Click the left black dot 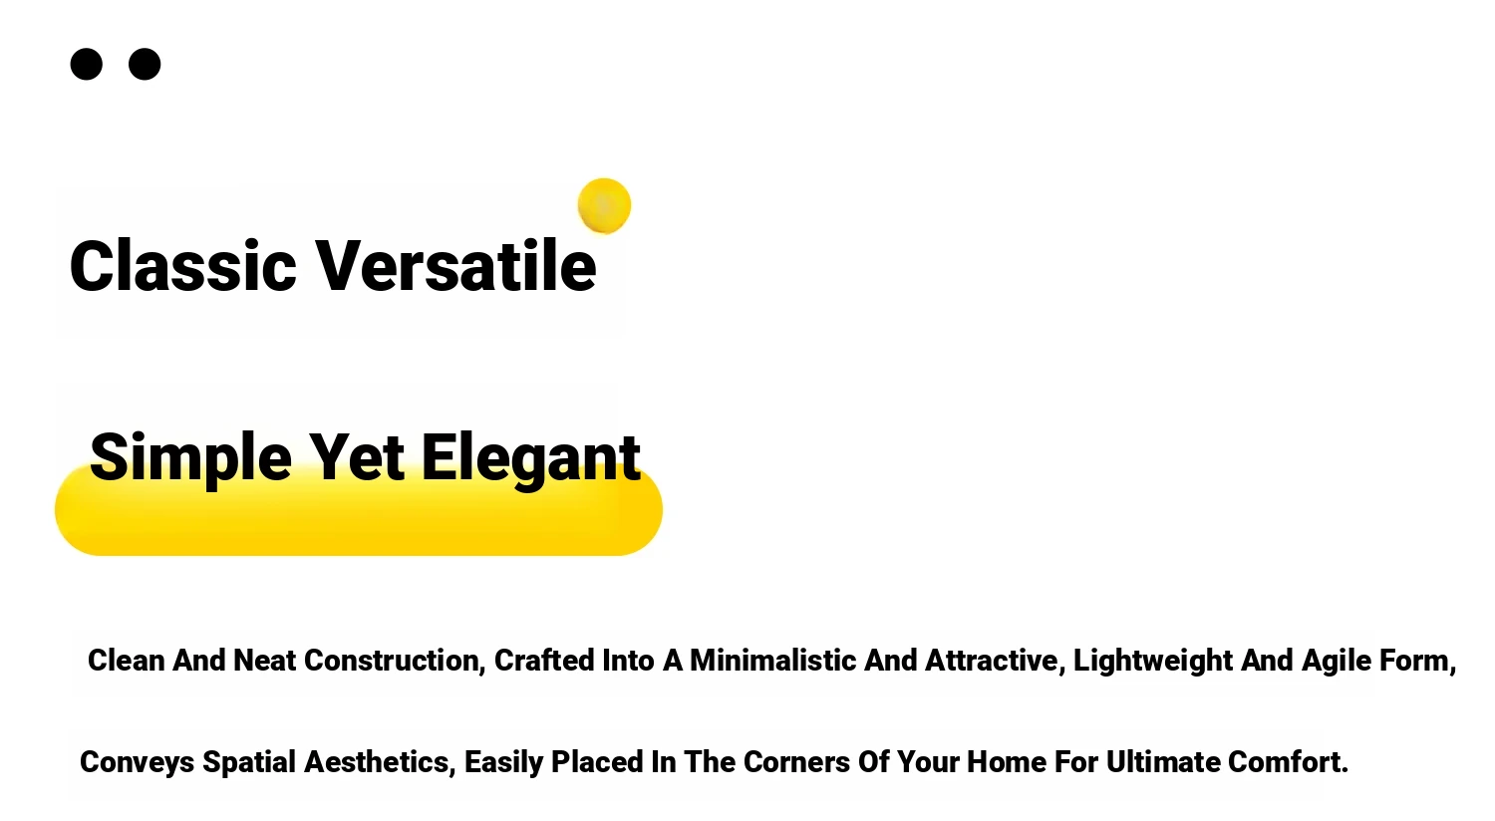[x=86, y=64]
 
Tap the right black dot [x=145, y=64]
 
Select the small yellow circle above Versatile [x=604, y=205]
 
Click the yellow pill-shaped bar [x=359, y=509]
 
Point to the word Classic [x=182, y=266]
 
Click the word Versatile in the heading [x=455, y=266]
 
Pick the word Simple [x=191, y=459]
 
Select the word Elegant [x=531, y=459]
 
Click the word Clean [x=127, y=661]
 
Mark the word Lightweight [x=1152, y=662]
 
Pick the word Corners [x=796, y=761]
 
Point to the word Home [x=1007, y=761]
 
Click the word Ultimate [x=1163, y=761]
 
